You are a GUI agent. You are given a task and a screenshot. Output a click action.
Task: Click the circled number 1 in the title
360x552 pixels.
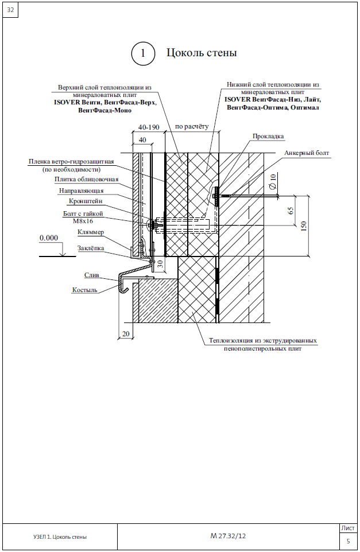[x=143, y=53]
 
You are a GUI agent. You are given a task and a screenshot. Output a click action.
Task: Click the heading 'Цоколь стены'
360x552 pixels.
[x=202, y=53]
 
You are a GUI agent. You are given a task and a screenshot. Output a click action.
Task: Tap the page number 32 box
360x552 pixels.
[x=10, y=10]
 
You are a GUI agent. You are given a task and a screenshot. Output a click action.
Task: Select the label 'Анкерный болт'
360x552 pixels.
[x=307, y=153]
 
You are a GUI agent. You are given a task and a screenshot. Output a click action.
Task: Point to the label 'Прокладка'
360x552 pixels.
[x=268, y=136]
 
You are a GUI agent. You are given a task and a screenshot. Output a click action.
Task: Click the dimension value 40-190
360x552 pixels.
[x=149, y=127]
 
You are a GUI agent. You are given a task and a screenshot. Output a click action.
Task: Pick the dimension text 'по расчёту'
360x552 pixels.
[x=192, y=126]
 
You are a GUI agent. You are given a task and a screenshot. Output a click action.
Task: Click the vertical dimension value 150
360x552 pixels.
[x=304, y=226]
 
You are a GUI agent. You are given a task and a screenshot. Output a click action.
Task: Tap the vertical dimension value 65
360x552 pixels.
[x=291, y=211]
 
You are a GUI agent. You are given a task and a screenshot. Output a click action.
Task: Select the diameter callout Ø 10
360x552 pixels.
[x=273, y=182]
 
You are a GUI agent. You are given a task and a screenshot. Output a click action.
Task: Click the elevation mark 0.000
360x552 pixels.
[x=49, y=238]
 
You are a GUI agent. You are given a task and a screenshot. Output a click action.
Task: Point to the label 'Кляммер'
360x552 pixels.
[x=91, y=232]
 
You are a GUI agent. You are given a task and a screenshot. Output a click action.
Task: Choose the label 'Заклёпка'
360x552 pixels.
[x=91, y=248]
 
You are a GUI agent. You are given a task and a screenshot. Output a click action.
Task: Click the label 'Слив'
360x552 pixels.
[x=92, y=275]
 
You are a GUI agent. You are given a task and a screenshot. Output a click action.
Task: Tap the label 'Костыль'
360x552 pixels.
[x=84, y=290]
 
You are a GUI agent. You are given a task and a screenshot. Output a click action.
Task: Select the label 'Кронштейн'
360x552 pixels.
[x=86, y=201]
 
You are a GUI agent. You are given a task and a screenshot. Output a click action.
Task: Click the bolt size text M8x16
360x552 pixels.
[x=83, y=221]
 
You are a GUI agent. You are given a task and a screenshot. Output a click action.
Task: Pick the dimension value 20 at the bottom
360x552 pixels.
[x=126, y=334]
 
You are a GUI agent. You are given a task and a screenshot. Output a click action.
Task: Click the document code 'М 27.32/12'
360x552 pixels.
[x=228, y=536]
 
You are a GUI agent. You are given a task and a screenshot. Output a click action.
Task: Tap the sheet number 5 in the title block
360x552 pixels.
[x=349, y=541]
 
